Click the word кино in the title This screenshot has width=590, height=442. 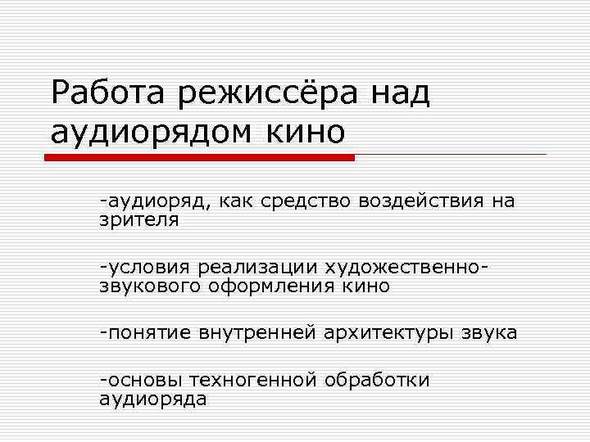[306, 131]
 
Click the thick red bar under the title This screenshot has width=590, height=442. [204, 156]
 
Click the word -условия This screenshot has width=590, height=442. [143, 268]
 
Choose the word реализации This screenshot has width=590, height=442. [257, 268]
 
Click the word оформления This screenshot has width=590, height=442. [270, 286]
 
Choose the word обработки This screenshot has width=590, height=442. [377, 381]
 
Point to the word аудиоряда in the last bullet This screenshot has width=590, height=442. [152, 399]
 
